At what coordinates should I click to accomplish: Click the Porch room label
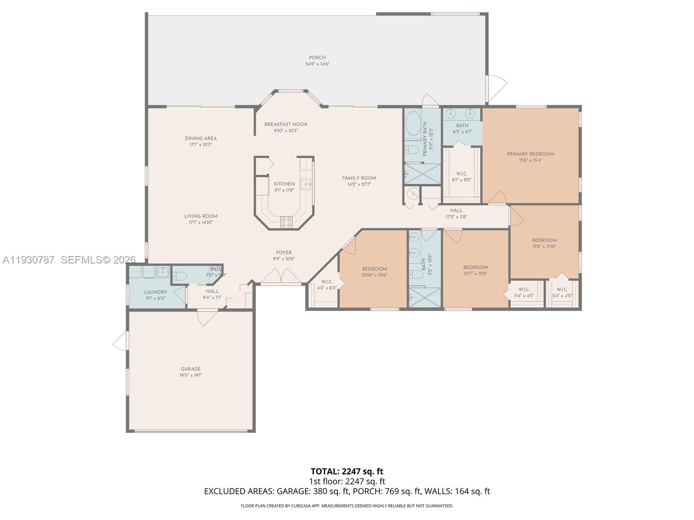pos(317,58)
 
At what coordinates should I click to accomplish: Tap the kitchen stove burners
pos(286,222)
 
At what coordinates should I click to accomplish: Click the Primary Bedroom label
pos(530,154)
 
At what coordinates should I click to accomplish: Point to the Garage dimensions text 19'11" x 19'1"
pos(191,375)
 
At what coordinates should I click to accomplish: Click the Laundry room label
pos(155,292)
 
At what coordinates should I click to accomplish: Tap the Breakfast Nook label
pos(286,124)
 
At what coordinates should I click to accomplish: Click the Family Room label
pos(359,178)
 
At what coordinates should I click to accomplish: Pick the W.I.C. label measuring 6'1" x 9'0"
pos(462,174)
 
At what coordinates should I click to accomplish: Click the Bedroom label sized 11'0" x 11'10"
pos(544,240)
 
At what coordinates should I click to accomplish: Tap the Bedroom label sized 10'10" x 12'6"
pos(374,269)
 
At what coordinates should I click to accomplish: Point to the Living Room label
pos(201,216)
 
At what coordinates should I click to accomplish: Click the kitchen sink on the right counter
pos(307,184)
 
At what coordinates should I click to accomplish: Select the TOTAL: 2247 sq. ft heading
pos(347,471)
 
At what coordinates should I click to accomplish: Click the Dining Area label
pos(200,139)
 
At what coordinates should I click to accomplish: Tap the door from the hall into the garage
pos(207,317)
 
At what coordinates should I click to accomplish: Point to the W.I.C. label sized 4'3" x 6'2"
pos(327,282)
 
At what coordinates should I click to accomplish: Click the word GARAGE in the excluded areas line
pos(292,491)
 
